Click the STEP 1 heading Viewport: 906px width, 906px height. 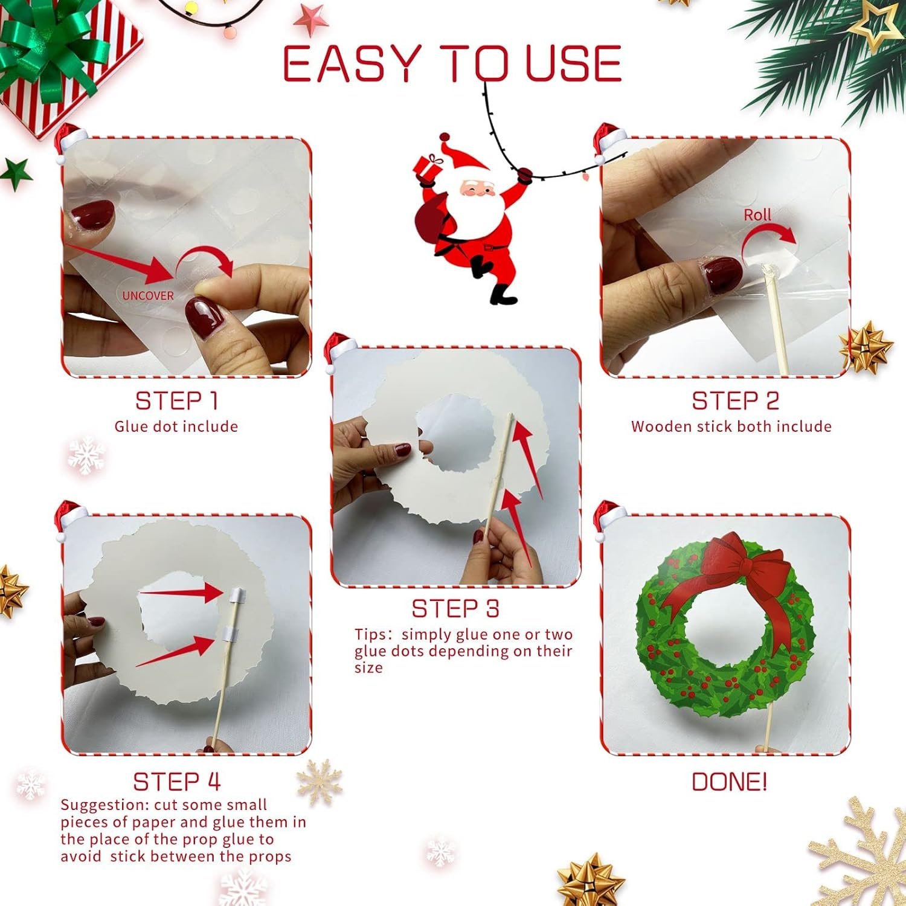click(176, 401)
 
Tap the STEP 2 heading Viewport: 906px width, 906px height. click(735, 401)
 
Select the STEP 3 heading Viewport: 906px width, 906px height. click(455, 609)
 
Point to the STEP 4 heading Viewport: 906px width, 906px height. click(176, 782)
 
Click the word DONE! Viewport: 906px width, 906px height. click(729, 782)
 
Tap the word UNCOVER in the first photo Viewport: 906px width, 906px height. click(148, 295)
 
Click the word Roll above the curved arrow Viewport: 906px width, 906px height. click(757, 215)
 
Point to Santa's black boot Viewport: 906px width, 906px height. click(503, 294)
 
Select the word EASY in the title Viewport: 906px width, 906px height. click(351, 63)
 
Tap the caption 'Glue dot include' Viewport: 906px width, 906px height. click(176, 426)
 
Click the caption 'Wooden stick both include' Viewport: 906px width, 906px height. click(731, 426)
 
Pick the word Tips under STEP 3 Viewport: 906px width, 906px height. click(373, 635)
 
